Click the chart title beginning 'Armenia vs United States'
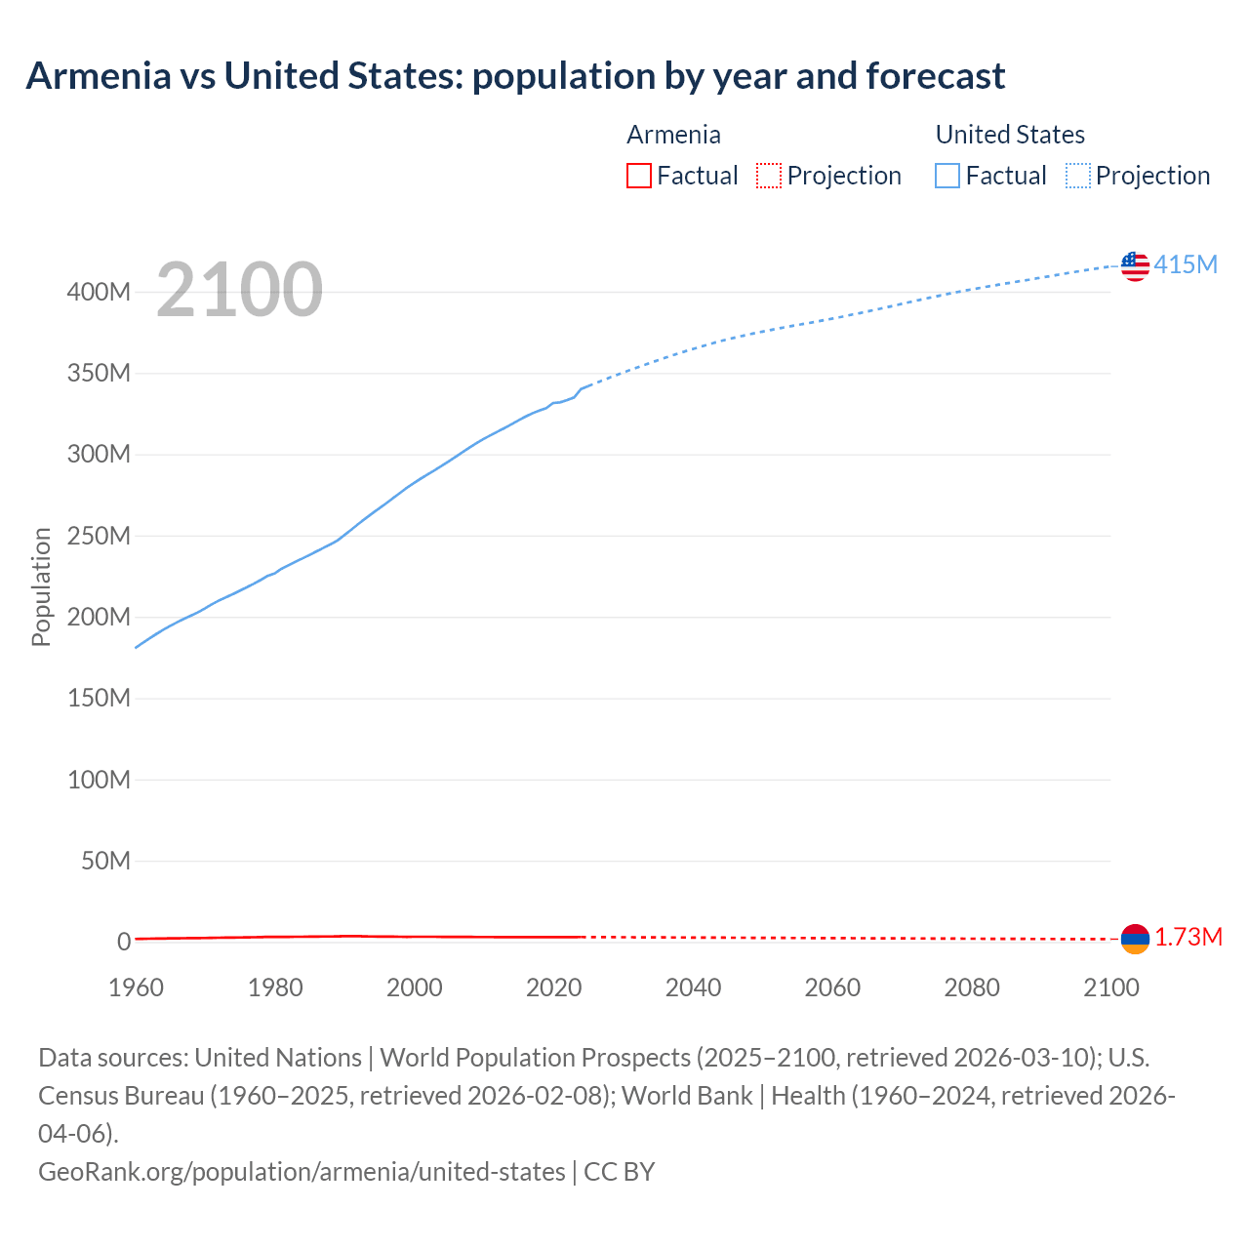coord(515,76)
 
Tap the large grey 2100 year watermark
coord(239,290)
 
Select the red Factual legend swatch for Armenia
coord(638,176)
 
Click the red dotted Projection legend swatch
coord(769,176)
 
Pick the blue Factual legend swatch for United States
coord(947,176)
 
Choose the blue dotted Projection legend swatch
coord(1077,176)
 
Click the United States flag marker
coord(1135,265)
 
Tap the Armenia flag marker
coord(1135,939)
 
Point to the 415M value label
coord(1186,264)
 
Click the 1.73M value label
coord(1189,938)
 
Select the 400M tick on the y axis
coord(99,292)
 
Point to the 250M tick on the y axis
coord(99,536)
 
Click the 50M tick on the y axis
coord(105,861)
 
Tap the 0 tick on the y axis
coord(124,942)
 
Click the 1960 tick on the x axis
coord(136,987)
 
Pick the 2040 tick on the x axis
coord(693,987)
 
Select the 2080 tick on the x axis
coord(972,987)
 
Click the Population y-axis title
coord(41,586)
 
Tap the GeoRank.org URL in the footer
coord(302,1171)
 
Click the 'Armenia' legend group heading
coord(673,135)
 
